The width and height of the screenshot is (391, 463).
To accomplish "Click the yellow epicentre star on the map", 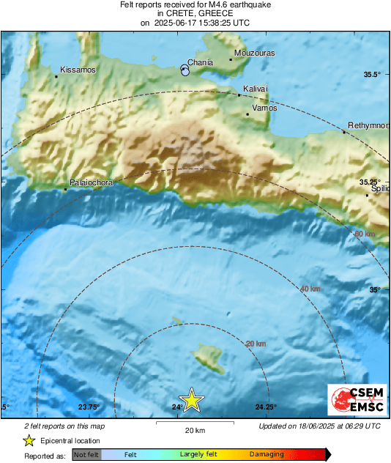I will (x=191, y=400).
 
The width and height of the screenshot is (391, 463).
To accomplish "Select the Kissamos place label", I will (x=76, y=70).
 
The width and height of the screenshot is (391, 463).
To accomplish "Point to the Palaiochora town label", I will (x=91, y=182).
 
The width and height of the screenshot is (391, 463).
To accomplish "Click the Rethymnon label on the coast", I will (x=368, y=125).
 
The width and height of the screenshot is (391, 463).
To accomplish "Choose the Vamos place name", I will (x=264, y=108).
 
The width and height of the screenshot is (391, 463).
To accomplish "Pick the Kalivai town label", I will (x=256, y=89).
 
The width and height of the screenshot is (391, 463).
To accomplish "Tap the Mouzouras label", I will (x=253, y=53).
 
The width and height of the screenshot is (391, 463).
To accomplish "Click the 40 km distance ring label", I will (x=310, y=289).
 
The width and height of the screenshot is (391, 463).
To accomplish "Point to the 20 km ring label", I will (x=256, y=344).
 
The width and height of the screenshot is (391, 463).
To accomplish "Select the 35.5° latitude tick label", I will (x=373, y=75).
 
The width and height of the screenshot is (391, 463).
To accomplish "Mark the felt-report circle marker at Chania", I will (x=185, y=71).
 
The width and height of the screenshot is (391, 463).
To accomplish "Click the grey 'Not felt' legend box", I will (x=85, y=454).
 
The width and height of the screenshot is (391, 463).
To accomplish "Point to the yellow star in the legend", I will (x=29, y=440).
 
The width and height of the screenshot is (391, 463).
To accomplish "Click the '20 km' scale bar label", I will (x=194, y=430).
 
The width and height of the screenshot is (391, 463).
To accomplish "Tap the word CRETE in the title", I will (x=182, y=13).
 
